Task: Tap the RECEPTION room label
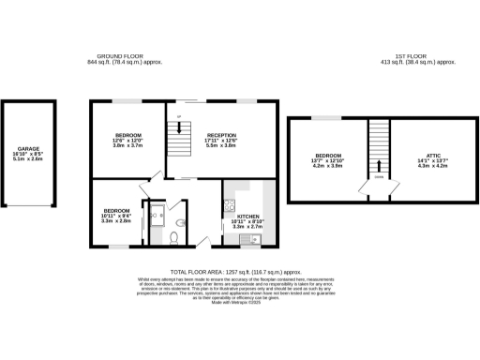click(x=221, y=135)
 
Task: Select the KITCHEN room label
click(x=235, y=215)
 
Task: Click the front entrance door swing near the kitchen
click(x=203, y=242)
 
